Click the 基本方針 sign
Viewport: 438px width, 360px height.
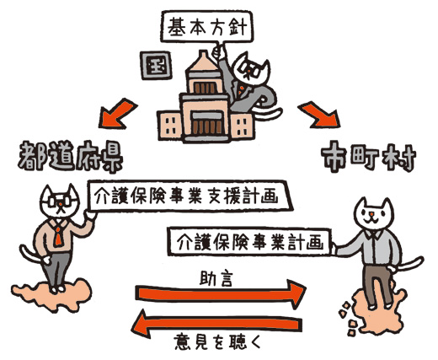click(x=207, y=27)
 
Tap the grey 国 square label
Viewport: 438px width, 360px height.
click(x=156, y=65)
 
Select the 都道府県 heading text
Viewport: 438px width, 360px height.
click(x=70, y=158)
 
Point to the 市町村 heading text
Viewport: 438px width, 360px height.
click(x=369, y=157)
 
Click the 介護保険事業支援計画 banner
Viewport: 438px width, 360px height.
click(x=190, y=196)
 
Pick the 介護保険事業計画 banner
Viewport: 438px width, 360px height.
click(x=249, y=242)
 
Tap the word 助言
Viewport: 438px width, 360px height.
click(x=216, y=278)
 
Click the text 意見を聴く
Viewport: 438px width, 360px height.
click(x=217, y=341)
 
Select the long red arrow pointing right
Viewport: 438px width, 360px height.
click(x=221, y=294)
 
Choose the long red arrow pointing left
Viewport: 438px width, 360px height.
click(x=216, y=324)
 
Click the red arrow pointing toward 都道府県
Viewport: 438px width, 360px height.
click(x=117, y=114)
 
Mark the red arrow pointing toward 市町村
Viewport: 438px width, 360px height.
click(x=319, y=115)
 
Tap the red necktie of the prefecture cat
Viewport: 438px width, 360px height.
click(x=58, y=235)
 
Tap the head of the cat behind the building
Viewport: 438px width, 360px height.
click(x=251, y=69)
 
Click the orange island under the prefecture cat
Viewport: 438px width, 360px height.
click(x=52, y=295)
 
